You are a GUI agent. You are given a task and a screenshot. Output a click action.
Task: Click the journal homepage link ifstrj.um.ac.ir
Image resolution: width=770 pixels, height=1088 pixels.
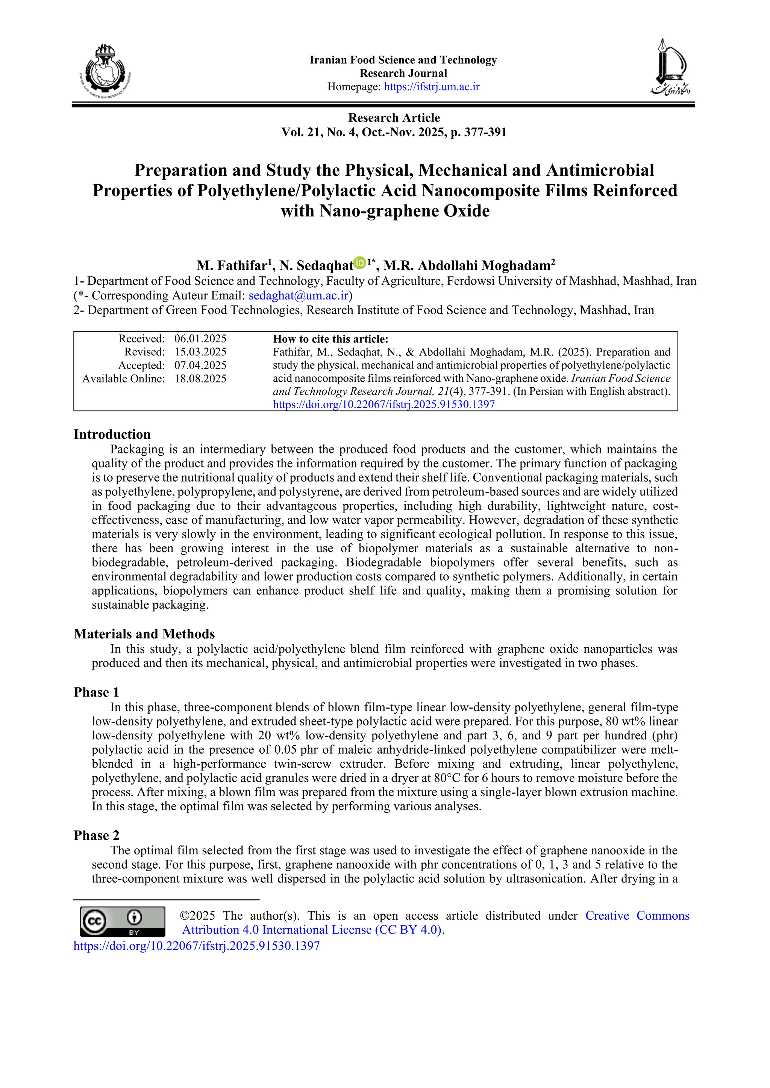(432, 87)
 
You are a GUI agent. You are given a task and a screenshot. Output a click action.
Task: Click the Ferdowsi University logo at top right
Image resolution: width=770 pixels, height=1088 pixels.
(670, 67)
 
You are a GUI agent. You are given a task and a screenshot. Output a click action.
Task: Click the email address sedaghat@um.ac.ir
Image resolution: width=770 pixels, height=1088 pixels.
(299, 296)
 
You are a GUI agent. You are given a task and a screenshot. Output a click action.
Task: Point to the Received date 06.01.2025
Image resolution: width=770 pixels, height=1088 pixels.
(200, 339)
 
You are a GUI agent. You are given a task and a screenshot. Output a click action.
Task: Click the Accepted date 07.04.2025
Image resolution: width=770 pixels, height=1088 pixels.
(200, 365)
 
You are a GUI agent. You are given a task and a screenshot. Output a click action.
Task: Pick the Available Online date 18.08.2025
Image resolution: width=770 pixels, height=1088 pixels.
(200, 379)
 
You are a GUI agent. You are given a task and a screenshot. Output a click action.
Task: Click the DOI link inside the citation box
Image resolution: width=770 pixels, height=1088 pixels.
(383, 404)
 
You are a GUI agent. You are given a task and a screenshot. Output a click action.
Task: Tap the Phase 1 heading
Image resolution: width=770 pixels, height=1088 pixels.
(96, 692)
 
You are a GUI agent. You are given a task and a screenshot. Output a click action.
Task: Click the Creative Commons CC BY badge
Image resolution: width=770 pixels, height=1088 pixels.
(122, 922)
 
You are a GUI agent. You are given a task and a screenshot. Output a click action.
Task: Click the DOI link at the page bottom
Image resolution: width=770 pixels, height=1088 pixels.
(196, 946)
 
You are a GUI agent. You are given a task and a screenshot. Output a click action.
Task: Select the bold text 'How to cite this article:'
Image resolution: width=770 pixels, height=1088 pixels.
(330, 339)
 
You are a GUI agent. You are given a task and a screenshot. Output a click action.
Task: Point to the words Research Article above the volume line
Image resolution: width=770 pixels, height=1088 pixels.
(394, 118)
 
